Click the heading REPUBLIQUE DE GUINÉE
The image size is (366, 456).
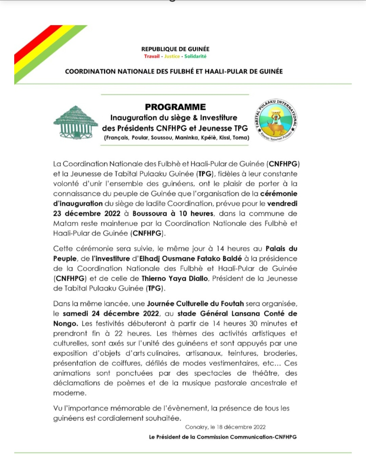point(175,49)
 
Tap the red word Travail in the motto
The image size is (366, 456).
point(152,56)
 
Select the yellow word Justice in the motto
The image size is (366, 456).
point(172,56)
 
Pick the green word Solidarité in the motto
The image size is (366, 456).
point(195,56)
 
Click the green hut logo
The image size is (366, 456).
point(76,122)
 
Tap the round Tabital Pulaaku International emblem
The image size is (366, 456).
point(276,121)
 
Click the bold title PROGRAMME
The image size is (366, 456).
point(175,107)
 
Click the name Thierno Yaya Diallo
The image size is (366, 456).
point(175,278)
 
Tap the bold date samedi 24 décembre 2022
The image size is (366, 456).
point(111,313)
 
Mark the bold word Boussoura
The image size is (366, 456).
point(149,213)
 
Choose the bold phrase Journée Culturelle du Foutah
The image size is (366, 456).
point(195,304)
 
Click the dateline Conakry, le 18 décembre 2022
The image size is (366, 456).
point(225,427)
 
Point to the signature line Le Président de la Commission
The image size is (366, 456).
point(223,437)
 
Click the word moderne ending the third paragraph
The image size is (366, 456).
point(69,393)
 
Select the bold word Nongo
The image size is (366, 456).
point(65,324)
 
